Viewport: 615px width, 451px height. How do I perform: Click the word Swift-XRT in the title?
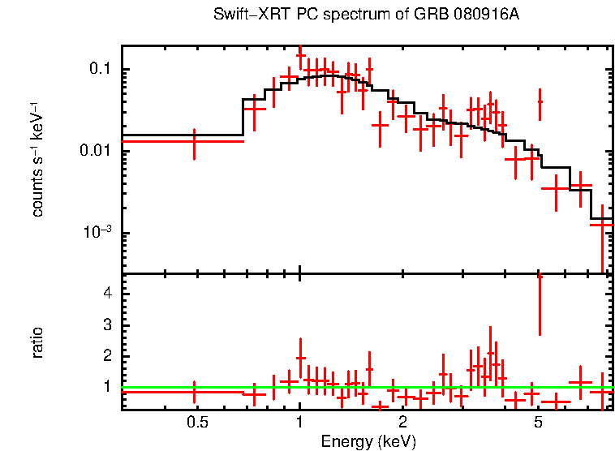(x=244, y=15)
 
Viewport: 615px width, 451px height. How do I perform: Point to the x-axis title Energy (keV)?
(x=368, y=441)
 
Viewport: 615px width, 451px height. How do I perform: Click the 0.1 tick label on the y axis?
(x=101, y=70)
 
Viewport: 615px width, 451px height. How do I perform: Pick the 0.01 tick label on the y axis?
(x=97, y=152)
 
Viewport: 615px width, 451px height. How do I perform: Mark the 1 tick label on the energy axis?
(x=300, y=423)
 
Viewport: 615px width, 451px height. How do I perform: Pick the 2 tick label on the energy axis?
(x=402, y=423)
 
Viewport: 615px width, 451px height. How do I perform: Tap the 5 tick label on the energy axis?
(x=538, y=423)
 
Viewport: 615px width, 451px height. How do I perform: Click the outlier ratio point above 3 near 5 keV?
(x=540, y=305)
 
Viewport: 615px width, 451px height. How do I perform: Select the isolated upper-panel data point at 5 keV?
(x=540, y=102)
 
